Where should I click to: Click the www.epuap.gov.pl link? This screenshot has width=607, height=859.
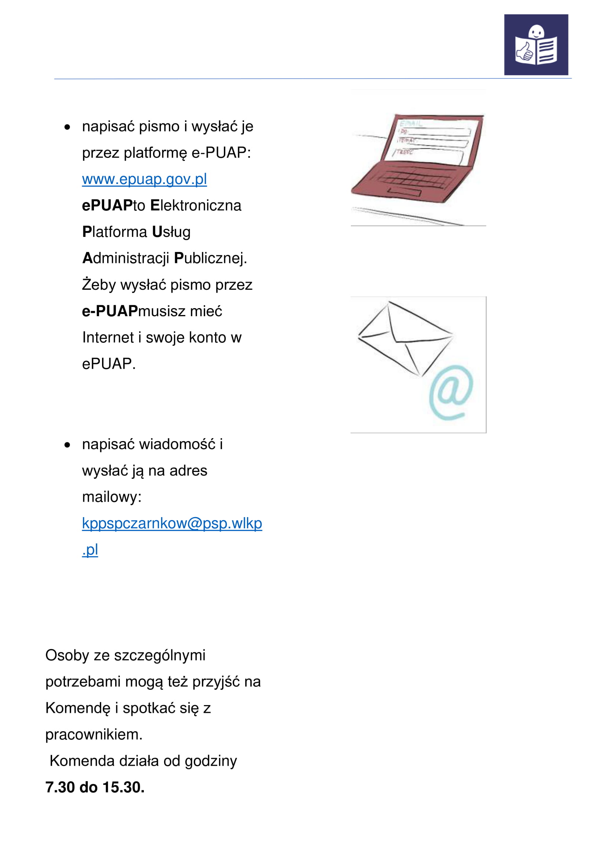[144, 179]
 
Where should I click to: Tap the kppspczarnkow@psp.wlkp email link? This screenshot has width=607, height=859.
[172, 523]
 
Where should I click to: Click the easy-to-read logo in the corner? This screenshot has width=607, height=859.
[535, 45]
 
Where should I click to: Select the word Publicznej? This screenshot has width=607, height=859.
[210, 258]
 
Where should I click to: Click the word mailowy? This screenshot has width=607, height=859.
[112, 497]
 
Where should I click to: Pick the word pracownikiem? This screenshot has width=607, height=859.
[94, 735]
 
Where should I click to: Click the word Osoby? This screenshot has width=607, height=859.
[67, 656]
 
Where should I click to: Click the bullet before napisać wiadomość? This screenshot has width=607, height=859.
[67, 445]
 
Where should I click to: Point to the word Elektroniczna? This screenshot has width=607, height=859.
[196, 205]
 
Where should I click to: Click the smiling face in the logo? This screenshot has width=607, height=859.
[537, 32]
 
